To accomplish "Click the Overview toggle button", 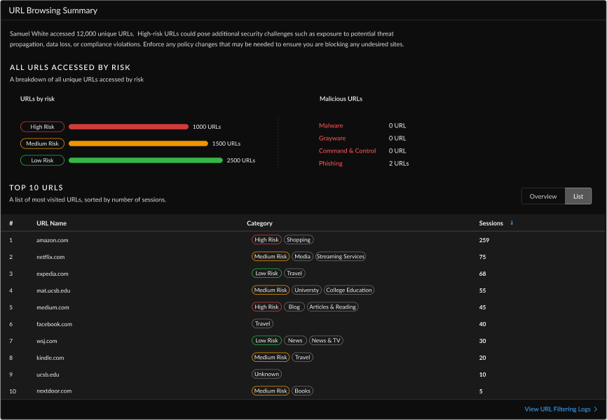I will (543, 196).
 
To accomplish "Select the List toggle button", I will (578, 196).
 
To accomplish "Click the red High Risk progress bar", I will (128, 127).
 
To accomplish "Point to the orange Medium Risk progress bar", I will (138, 143).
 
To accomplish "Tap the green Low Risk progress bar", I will (145, 160).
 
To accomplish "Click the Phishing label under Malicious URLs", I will (331, 163).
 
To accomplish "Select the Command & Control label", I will (347, 150).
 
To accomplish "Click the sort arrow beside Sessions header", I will (512, 223).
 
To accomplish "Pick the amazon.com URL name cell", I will (52, 240).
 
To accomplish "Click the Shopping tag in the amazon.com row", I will (299, 240).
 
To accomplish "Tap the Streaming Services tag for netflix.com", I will (341, 257).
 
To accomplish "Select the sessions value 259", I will (484, 240).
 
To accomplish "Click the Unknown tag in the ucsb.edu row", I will (266, 374).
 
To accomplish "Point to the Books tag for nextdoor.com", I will (302, 391).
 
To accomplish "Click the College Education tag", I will (349, 290).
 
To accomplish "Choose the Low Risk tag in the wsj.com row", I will (266, 341).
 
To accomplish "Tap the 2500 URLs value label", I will (240, 160).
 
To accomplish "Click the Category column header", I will (259, 223).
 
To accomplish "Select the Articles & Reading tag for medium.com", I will (332, 307).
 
